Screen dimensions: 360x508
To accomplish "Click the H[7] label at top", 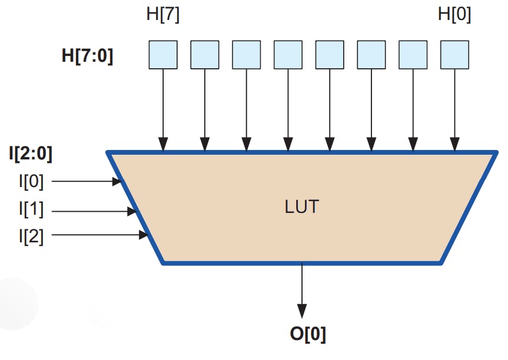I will (163, 15).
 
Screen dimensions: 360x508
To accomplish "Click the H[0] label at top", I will (454, 15).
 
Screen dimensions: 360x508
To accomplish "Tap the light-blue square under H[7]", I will (163, 55).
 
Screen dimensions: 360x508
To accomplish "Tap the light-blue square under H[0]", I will (454, 55).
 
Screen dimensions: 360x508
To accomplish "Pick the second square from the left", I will (205, 55).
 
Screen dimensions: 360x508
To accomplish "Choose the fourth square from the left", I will (288, 55).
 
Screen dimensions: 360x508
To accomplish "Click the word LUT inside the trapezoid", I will (301, 207).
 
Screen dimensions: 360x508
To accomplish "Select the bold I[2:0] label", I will (30, 154).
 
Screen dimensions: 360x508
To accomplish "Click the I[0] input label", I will (31, 181).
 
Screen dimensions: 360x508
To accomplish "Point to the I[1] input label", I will (31, 209).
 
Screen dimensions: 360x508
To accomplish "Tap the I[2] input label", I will (31, 236).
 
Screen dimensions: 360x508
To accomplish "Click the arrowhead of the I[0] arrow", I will (117, 182).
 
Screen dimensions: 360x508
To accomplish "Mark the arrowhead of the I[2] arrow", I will (144, 235).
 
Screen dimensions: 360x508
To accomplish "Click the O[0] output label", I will (308, 334).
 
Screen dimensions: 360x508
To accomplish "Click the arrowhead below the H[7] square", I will (163, 144).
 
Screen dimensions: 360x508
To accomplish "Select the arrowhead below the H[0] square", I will (454, 144).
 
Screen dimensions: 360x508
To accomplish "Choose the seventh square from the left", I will (413, 55).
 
